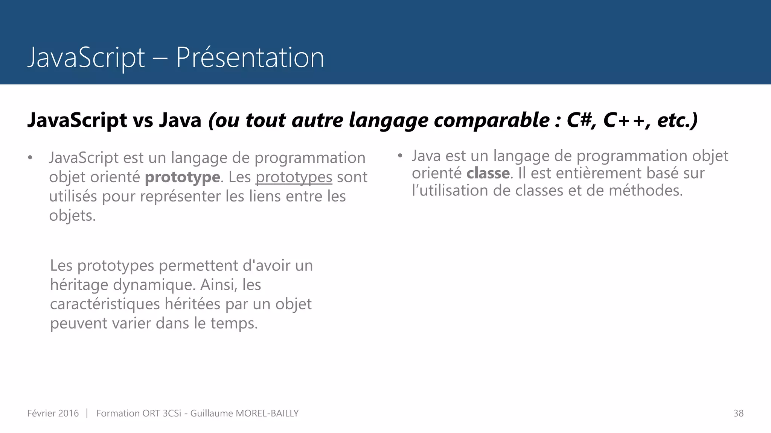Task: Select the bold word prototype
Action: pyautogui.click(x=183, y=177)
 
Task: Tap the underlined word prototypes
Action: pyautogui.click(x=294, y=177)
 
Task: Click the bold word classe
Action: pyautogui.click(x=488, y=173)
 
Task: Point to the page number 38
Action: pyautogui.click(x=738, y=413)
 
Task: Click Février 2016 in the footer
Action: pyautogui.click(x=53, y=413)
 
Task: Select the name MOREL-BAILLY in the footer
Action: pyautogui.click(x=267, y=413)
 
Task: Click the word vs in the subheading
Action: pyautogui.click(x=143, y=120)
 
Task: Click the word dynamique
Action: pyautogui.click(x=154, y=285)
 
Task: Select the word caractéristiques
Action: pyautogui.click(x=105, y=304)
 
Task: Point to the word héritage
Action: pyautogui.click(x=79, y=285)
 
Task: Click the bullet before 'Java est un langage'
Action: pyautogui.click(x=400, y=156)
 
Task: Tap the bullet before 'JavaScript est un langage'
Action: pyautogui.click(x=30, y=158)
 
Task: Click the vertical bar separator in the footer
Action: pyautogui.click(x=87, y=413)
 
